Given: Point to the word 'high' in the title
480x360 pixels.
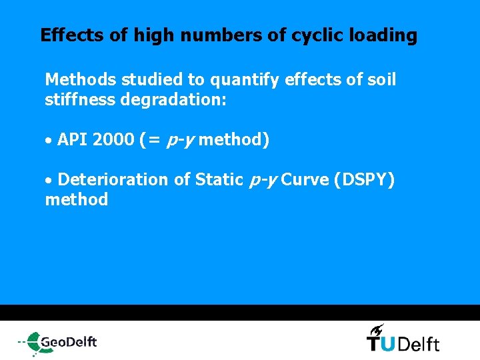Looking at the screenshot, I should [153, 35].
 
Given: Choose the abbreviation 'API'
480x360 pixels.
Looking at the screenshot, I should [73, 140].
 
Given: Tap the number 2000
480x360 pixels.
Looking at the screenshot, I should [113, 140].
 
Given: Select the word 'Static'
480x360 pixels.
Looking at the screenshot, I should [217, 180].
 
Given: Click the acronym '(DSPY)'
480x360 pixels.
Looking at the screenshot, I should [367, 180].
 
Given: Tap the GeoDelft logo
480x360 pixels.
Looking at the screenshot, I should [58, 343].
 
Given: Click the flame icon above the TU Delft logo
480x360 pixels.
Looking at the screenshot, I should [377, 329].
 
